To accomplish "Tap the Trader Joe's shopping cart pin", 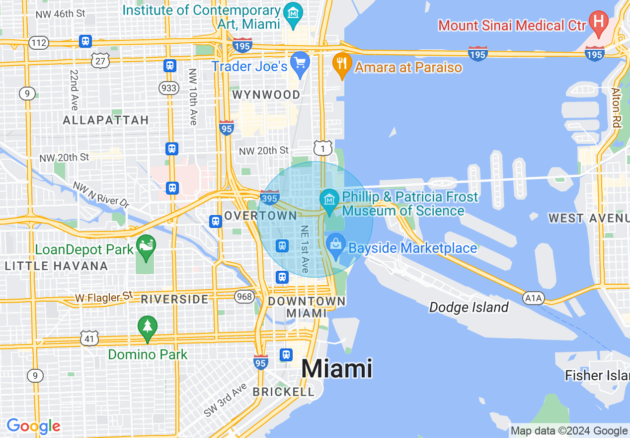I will tap(300, 64).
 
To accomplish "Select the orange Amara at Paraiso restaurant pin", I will tap(341, 65).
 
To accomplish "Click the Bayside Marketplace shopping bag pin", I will tap(336, 246).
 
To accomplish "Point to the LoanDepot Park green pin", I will tap(146, 247).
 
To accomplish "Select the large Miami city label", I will tap(336, 369).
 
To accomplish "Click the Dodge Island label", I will tap(469, 307).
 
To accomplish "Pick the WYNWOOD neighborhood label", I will tap(266, 95).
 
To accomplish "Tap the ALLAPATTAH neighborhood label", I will tap(106, 120).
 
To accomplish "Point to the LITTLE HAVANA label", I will tap(56, 266).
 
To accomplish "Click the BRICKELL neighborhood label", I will tap(284, 392).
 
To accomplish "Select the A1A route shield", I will tap(534, 298).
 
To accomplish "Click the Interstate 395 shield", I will tap(269, 198).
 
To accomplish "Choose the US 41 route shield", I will tap(88, 338).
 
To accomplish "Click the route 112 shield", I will tap(39, 42).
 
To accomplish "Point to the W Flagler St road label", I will tap(104, 298).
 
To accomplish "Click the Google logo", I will tap(33, 426).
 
